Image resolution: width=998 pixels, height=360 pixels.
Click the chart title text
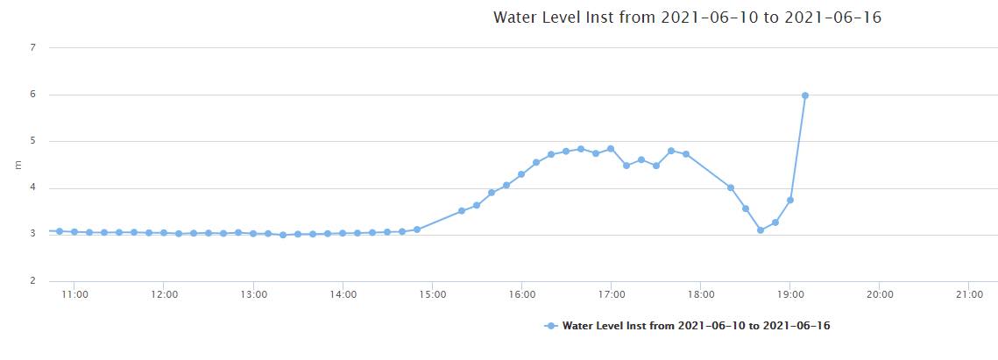pyautogui.click(x=687, y=18)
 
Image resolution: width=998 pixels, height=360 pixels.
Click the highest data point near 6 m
pyautogui.click(x=804, y=95)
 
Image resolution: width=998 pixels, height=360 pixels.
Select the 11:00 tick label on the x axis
pyautogui.click(x=74, y=295)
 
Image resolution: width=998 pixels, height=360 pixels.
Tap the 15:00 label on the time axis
pyautogui.click(x=432, y=295)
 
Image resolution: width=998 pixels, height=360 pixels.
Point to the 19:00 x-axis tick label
pyautogui.click(x=790, y=295)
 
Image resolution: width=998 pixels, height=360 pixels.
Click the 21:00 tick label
pyautogui.click(x=969, y=295)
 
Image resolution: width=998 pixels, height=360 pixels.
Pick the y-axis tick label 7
pyautogui.click(x=32, y=47)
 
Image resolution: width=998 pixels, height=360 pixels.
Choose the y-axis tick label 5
pyautogui.click(x=32, y=141)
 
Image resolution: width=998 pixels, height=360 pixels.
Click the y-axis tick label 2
pyautogui.click(x=32, y=281)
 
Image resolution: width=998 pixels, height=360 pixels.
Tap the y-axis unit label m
pyautogui.click(x=17, y=164)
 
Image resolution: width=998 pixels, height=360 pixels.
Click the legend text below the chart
pyautogui.click(x=696, y=326)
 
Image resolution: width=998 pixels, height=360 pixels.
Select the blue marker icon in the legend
pyautogui.click(x=550, y=326)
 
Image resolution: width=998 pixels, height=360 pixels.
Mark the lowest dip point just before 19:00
pyautogui.click(x=761, y=230)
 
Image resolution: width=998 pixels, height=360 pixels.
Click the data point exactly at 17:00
pyautogui.click(x=611, y=149)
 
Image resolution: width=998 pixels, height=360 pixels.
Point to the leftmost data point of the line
pyautogui.click(x=60, y=231)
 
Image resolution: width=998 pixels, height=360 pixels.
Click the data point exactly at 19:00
pyautogui.click(x=790, y=200)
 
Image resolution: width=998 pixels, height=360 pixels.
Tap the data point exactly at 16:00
pyautogui.click(x=521, y=174)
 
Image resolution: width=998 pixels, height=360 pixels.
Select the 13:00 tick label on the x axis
pyautogui.click(x=253, y=295)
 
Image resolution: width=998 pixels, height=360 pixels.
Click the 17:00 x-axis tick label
pyautogui.click(x=611, y=295)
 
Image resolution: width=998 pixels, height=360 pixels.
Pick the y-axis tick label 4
pyautogui.click(x=32, y=187)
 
